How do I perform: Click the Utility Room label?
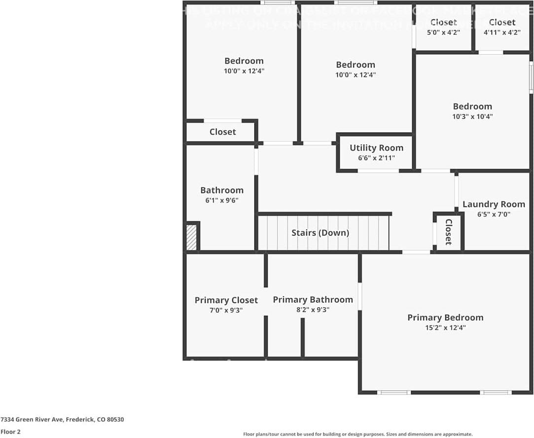376,148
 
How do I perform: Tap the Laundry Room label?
494,204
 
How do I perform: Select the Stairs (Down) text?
320,233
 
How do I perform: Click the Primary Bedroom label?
445,317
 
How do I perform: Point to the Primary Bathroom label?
313,300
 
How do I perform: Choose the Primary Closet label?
226,300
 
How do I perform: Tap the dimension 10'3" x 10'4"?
472,117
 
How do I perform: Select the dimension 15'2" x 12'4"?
445,328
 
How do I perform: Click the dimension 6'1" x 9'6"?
221,200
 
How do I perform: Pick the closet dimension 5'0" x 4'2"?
443,33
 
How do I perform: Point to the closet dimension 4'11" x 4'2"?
502,33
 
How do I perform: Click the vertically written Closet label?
448,232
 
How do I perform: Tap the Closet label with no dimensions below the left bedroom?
222,132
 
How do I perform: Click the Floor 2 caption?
10,432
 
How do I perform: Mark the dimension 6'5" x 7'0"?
494,214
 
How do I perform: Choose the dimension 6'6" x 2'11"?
376,158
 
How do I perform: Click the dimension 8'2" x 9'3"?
313,310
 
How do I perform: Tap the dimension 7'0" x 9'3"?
226,310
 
